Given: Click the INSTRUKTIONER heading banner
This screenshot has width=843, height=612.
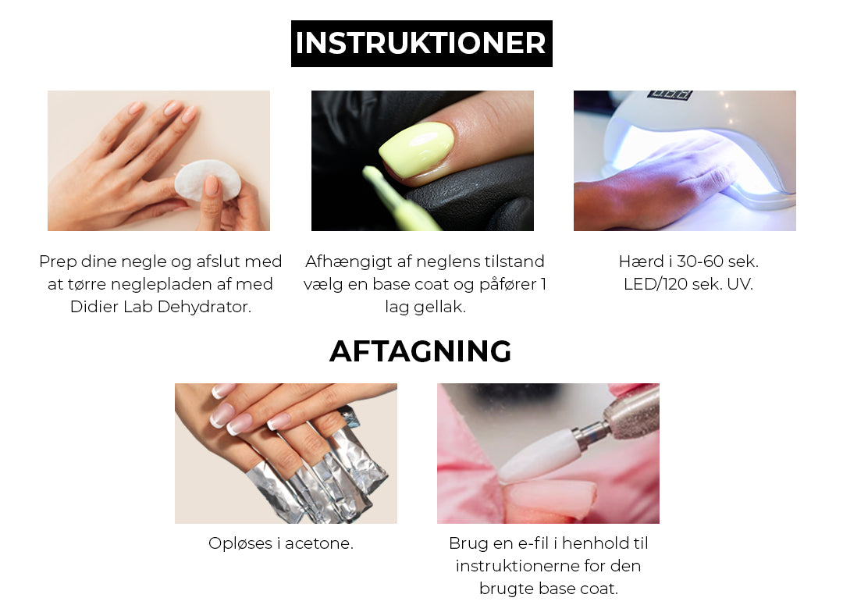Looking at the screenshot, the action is tap(421, 44).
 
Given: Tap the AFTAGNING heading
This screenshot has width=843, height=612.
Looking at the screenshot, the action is tap(421, 351).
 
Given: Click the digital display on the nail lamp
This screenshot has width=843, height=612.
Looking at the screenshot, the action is tap(670, 94).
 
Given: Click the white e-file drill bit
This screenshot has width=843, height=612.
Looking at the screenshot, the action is tap(539, 454).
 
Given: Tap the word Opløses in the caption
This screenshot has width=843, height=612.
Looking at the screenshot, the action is tap(241, 544).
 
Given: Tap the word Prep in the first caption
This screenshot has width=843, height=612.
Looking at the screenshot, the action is tap(58, 262).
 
